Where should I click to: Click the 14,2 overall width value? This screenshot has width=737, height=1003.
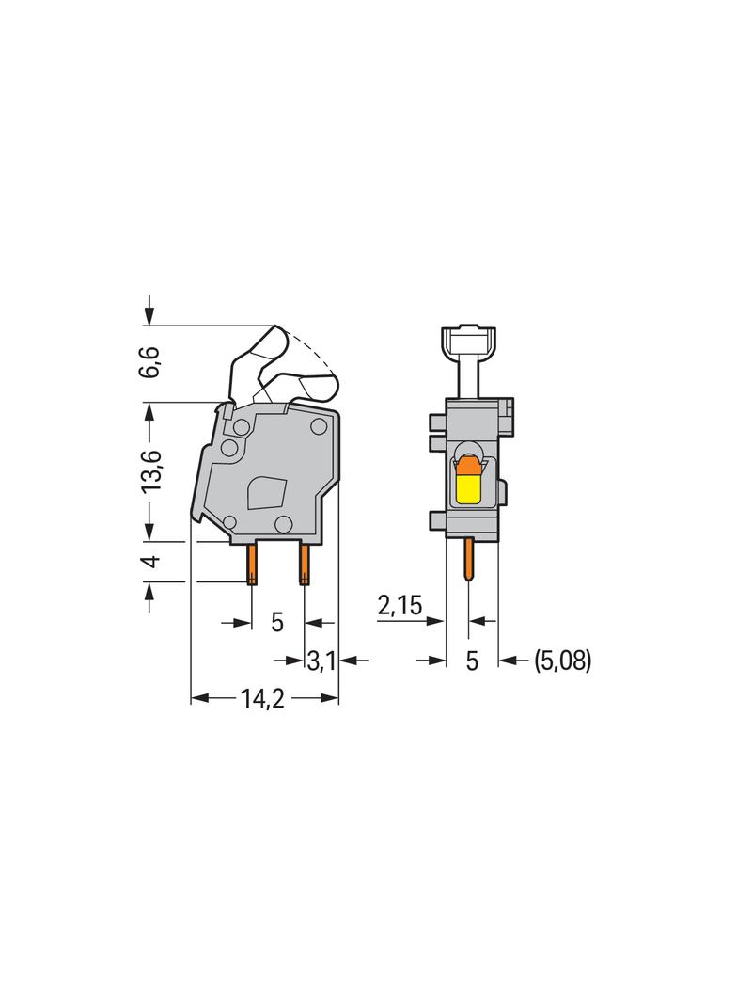pos(263,698)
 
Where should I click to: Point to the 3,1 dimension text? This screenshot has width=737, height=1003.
pos(321,661)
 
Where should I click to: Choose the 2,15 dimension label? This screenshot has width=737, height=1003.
pos(400,605)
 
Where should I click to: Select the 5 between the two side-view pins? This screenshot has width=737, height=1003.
pos(277,622)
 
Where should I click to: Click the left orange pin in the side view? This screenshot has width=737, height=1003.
pos(252,565)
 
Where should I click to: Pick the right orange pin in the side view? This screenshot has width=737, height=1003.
pos(304,565)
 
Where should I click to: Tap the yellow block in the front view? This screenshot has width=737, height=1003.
pos(468,488)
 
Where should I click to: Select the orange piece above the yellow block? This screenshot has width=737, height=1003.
pos(467,464)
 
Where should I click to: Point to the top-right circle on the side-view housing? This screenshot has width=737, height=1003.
pos(319,427)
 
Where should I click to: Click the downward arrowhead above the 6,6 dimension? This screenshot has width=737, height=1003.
pos(149,314)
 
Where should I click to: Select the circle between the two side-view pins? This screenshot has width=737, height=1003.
pos(283,525)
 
